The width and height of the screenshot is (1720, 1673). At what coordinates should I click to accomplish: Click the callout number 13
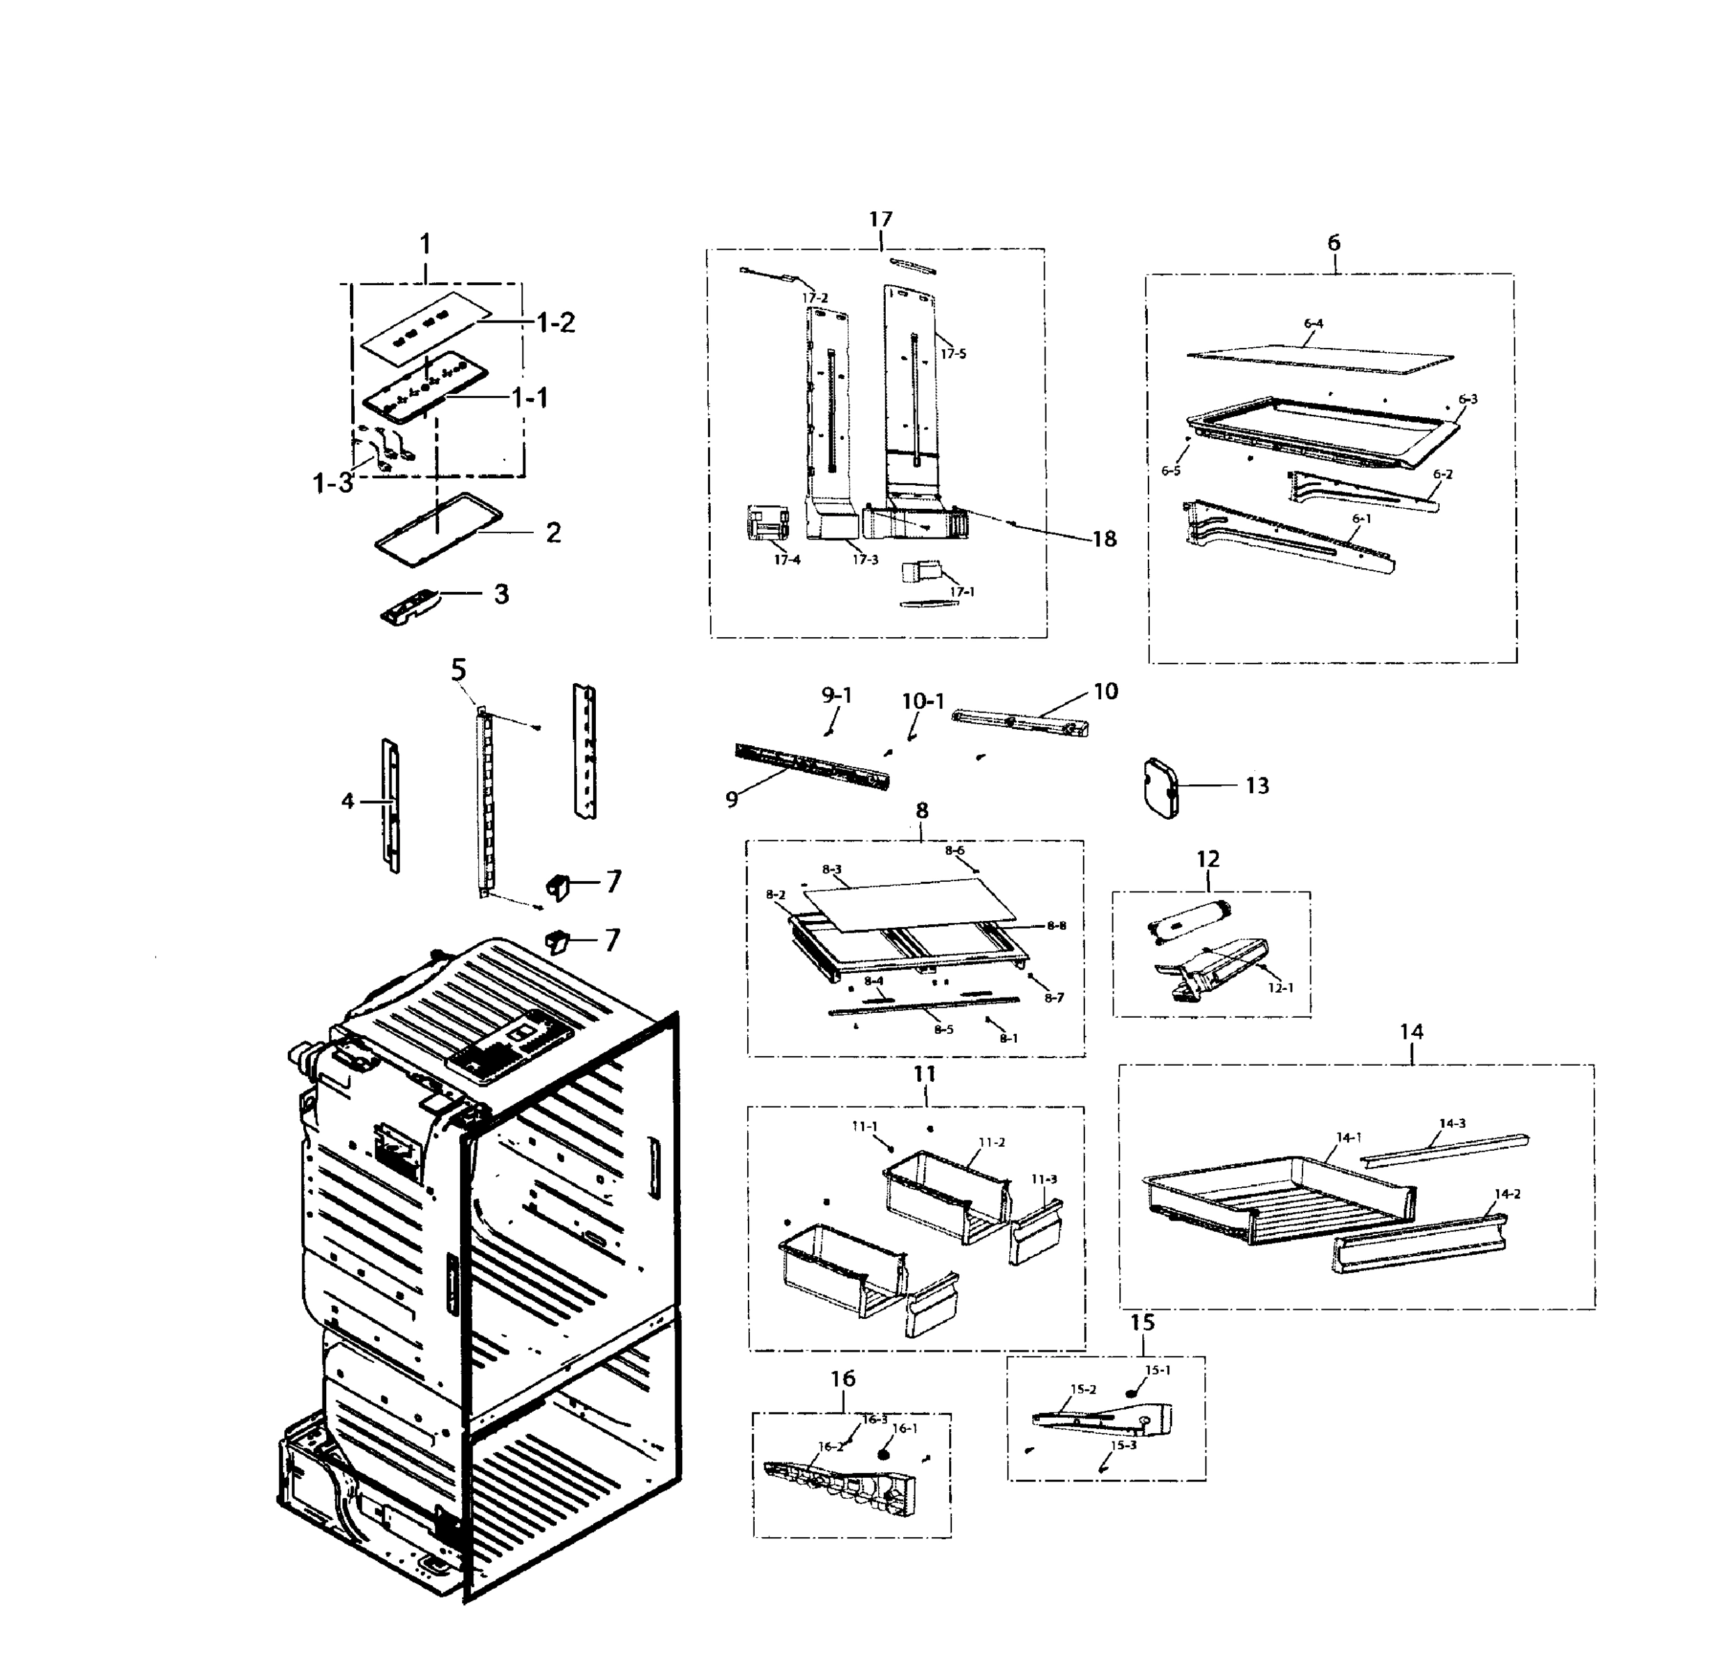(x=1257, y=786)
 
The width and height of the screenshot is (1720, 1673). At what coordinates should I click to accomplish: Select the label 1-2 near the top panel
(x=555, y=323)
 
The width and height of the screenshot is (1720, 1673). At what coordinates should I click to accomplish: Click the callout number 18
(x=1104, y=539)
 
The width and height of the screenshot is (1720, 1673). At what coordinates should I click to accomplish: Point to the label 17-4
(x=786, y=560)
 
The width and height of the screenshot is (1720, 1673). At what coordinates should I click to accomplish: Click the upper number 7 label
(x=613, y=880)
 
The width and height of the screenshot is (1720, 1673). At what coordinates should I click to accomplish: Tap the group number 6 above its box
(x=1333, y=243)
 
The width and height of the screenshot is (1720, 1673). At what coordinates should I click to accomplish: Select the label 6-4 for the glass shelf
(x=1313, y=323)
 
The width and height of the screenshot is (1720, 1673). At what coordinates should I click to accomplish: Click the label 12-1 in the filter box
(x=1281, y=988)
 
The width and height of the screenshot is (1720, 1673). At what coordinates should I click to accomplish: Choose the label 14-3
(x=1452, y=1123)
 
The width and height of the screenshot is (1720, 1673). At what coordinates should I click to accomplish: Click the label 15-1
(x=1158, y=1370)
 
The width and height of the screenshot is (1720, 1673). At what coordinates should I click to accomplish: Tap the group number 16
(x=843, y=1379)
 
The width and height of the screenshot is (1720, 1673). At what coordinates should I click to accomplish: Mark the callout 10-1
(x=922, y=701)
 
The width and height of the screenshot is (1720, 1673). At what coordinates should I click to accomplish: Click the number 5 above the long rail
(x=459, y=671)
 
